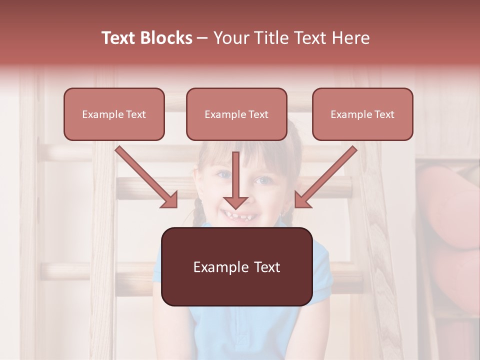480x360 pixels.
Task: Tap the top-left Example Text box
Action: pos(114,114)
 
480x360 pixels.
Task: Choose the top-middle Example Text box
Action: pos(236,114)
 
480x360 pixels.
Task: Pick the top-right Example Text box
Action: pos(362,114)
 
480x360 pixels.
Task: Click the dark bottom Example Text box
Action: pos(236,267)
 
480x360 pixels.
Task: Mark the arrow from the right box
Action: pos(327,175)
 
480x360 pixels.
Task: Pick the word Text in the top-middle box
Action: pos(258,114)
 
